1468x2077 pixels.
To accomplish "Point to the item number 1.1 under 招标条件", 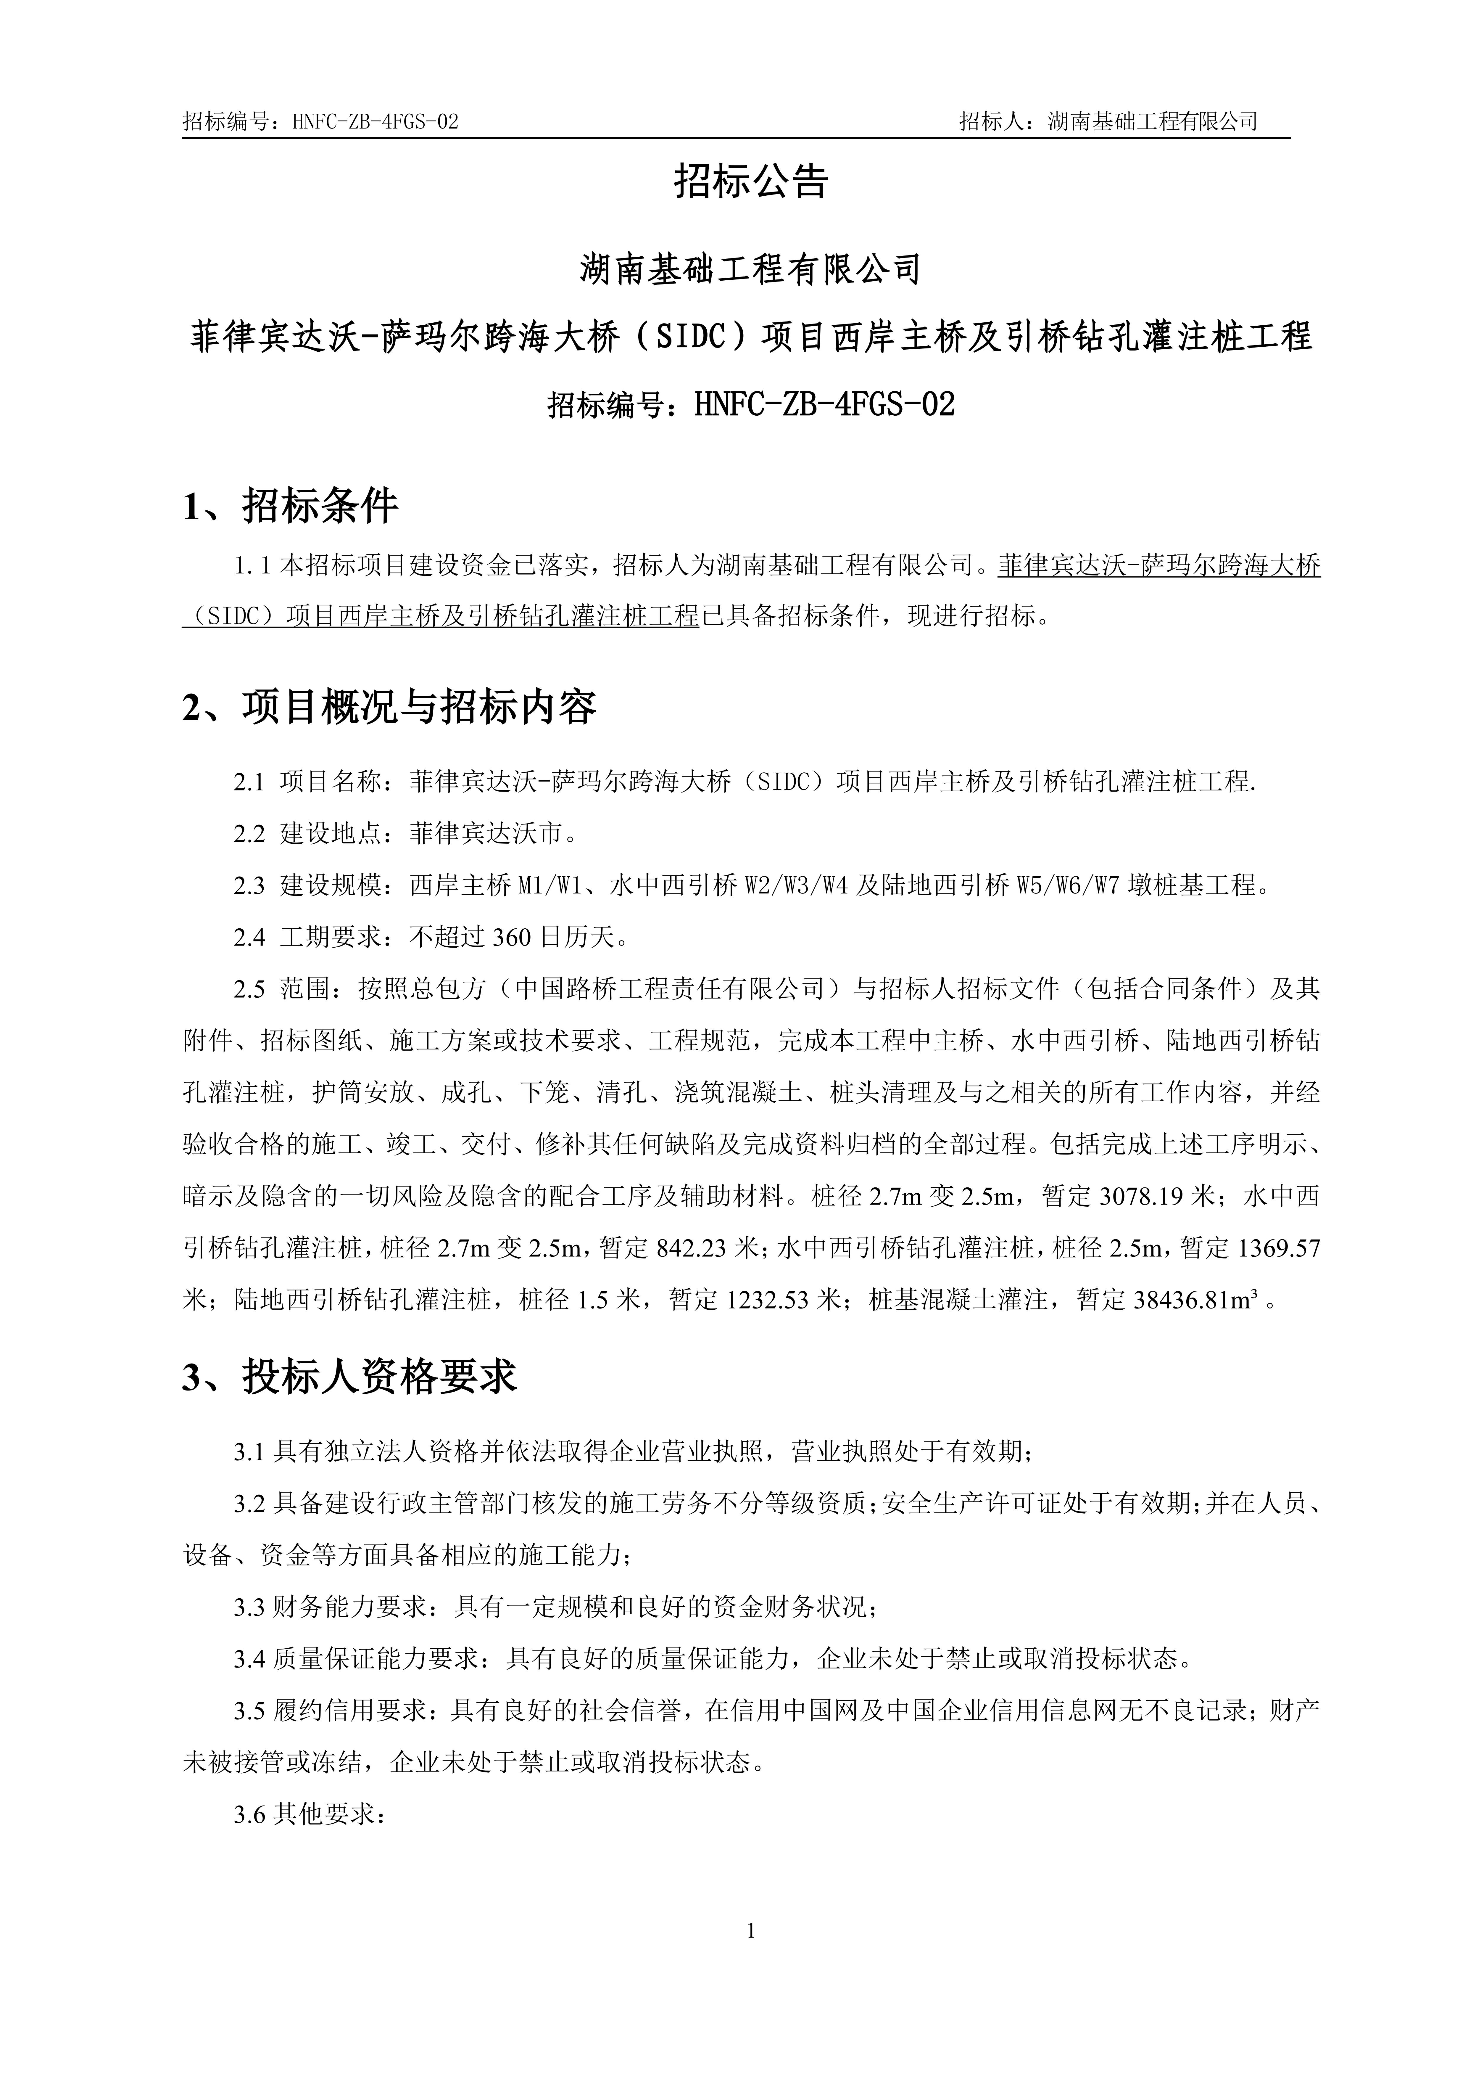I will pos(253,566).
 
